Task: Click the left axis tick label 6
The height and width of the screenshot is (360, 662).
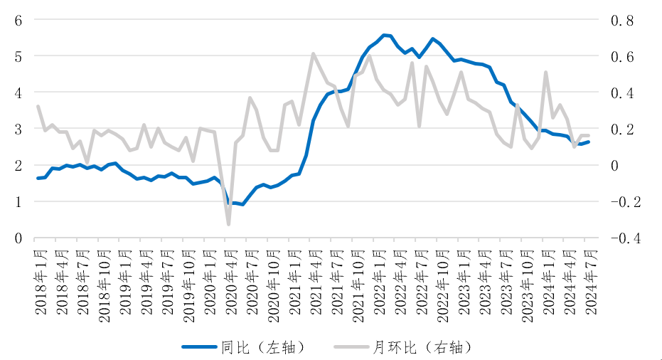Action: tap(18, 20)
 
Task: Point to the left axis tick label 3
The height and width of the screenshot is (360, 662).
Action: tap(18, 129)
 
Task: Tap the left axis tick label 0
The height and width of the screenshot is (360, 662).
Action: tap(18, 238)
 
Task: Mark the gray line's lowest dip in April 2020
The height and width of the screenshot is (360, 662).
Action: tap(228, 225)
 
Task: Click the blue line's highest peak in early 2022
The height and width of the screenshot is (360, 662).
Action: tap(384, 35)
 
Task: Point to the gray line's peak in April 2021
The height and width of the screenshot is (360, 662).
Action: tap(313, 53)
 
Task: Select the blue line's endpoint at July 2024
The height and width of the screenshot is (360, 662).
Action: tap(588, 142)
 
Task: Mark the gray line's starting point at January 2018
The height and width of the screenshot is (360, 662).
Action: tap(38, 107)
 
